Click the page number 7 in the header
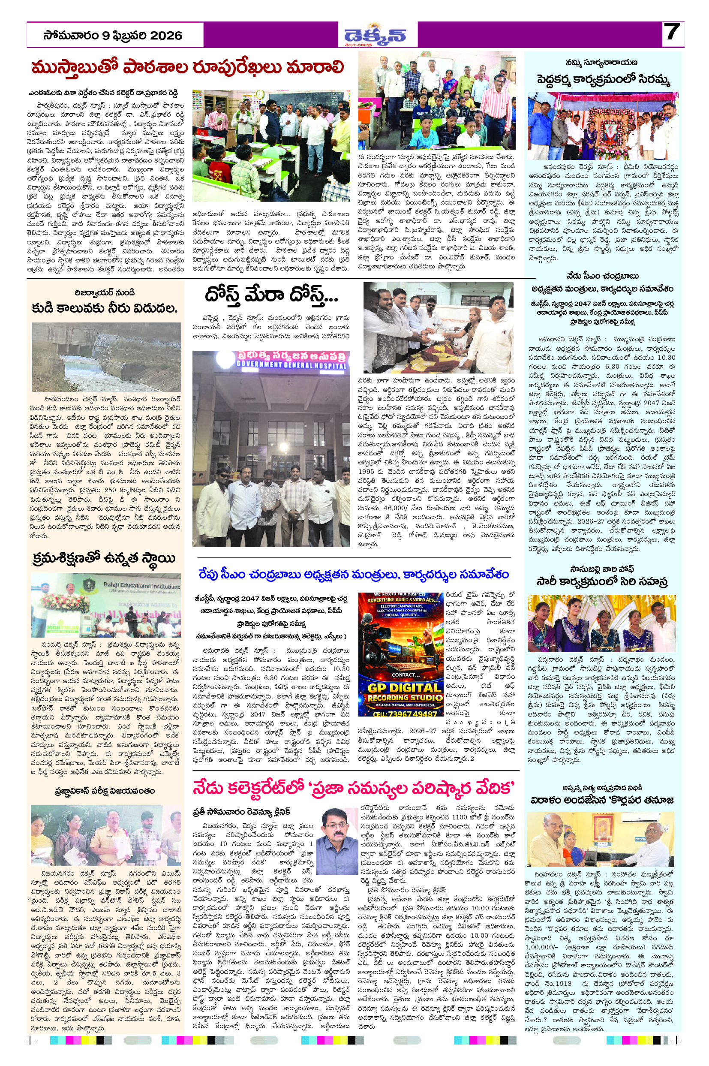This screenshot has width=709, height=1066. tap(672, 33)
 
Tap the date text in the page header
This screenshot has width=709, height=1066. tap(113, 36)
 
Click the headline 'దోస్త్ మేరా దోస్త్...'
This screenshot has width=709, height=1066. tap(271, 296)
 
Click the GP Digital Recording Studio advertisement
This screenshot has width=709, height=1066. tap(400, 654)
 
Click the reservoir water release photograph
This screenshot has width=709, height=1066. tap(106, 357)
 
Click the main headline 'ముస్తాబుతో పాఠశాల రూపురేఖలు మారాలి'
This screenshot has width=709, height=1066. tap(188, 67)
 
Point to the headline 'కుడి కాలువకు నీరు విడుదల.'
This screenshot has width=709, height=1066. tap(105, 308)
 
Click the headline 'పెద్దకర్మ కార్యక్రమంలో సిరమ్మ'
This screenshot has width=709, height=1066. tap(603, 80)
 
